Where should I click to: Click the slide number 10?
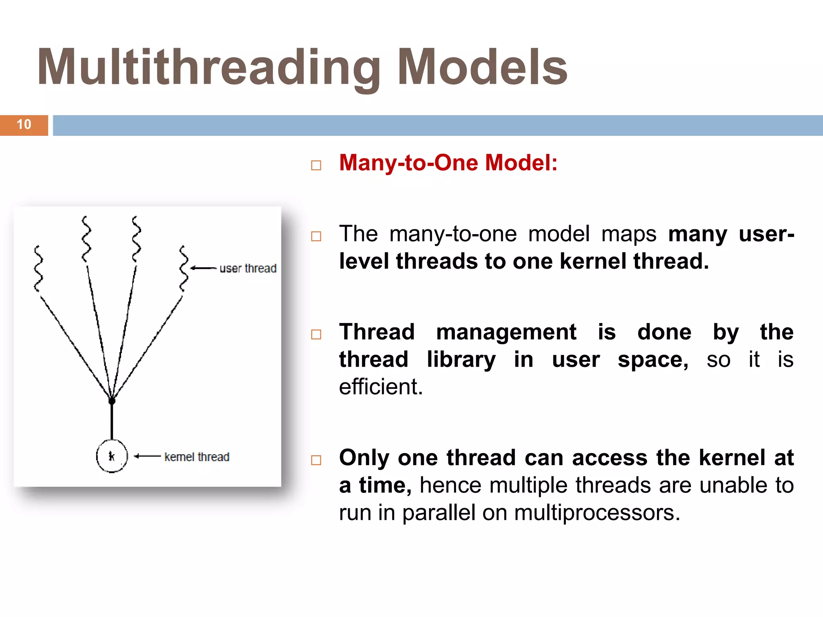tap(24, 125)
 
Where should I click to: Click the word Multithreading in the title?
tap(209, 67)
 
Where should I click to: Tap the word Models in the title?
tap(482, 67)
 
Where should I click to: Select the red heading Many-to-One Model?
tap(448, 163)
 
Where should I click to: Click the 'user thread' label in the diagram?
tap(248, 268)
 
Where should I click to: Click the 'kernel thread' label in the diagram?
tap(197, 457)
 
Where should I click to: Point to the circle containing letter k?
tap(112, 456)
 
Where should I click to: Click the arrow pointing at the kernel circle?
tap(147, 456)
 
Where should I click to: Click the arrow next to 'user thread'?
tap(203, 268)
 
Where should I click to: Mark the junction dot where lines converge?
tap(112, 401)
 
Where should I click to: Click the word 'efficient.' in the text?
tap(381, 387)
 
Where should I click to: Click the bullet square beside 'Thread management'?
tap(316, 334)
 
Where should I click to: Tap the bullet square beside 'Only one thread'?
tap(316, 460)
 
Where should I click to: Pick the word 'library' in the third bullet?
tap(461, 360)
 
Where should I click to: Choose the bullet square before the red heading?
tap(316, 165)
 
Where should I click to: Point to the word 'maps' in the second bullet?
tap(629, 234)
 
